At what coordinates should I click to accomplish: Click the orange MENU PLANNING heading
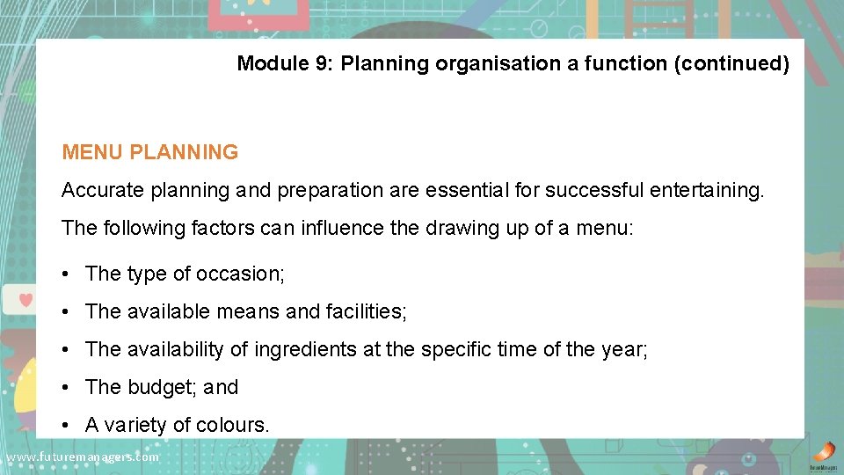coord(149,152)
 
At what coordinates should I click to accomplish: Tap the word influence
coord(342,229)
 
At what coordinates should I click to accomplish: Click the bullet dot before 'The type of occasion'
coord(67,274)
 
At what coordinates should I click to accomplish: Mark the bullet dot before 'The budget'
coord(67,387)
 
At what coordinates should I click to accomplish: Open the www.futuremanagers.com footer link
coord(83,457)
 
